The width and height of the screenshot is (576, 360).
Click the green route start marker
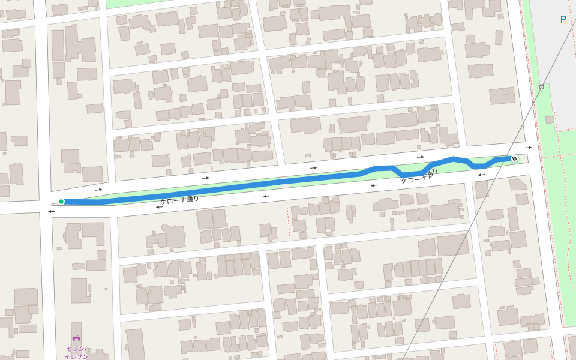(61, 202)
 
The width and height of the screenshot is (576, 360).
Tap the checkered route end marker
(514, 158)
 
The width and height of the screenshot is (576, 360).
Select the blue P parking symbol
(563, 19)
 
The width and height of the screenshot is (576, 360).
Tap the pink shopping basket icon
(76, 338)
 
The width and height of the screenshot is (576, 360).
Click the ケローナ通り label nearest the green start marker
(179, 200)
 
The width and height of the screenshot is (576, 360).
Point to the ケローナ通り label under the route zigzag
(419, 175)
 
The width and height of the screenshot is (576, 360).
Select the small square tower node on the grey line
(541, 87)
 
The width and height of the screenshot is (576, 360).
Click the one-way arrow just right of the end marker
(528, 147)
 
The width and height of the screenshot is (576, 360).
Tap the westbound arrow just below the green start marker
(52, 211)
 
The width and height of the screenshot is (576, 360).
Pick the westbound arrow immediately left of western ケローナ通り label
(160, 207)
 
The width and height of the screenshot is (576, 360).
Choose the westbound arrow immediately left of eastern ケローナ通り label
(374, 185)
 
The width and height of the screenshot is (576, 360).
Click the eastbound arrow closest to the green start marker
(98, 190)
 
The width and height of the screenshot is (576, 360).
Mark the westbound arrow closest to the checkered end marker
(482, 175)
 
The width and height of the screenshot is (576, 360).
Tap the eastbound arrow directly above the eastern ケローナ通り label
(421, 157)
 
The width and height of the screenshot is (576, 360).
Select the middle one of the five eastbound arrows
(313, 168)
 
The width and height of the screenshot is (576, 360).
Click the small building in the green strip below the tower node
(550, 120)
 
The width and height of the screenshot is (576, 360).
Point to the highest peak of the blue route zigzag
(454, 158)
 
